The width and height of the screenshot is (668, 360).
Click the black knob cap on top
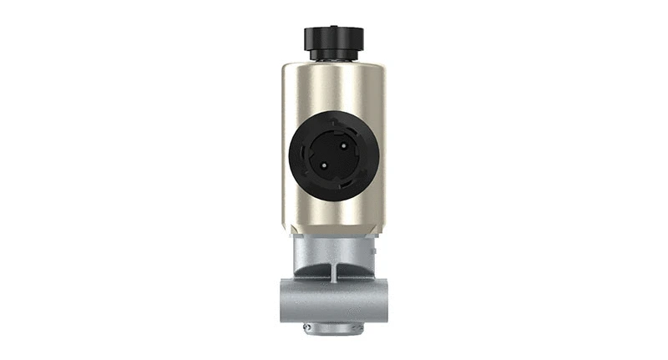coord(333,38)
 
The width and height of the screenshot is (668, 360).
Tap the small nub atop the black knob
coord(333,25)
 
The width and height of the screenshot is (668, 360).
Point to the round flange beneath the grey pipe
coord(333,330)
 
